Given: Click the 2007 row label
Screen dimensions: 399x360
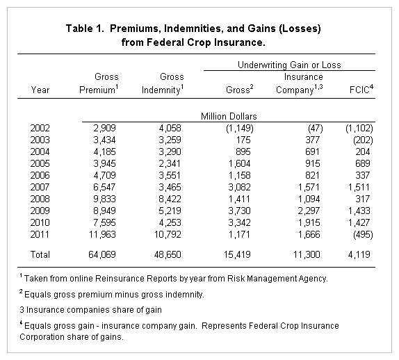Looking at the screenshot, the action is click(x=40, y=187).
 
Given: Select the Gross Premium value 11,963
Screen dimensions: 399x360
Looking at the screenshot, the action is click(x=102, y=234).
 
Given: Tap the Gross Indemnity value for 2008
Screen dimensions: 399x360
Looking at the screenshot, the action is click(x=170, y=199).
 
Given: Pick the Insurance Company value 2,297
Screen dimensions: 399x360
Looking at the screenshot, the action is click(x=309, y=211).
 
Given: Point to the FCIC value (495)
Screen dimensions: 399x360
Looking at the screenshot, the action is click(x=363, y=234).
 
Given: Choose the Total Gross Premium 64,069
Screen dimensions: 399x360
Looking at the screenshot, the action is click(x=102, y=254).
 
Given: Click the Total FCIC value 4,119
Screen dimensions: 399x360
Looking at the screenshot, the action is click(x=359, y=254).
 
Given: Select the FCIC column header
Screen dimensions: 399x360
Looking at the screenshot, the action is click(x=361, y=89).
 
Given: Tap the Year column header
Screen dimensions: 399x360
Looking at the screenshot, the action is click(x=40, y=90).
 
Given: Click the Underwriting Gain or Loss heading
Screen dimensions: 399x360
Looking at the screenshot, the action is click(x=289, y=65).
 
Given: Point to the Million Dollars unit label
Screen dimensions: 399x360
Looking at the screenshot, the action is click(x=229, y=116).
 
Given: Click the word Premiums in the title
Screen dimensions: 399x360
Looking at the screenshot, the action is click(x=135, y=28).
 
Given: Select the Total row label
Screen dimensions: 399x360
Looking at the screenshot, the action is click(x=40, y=254).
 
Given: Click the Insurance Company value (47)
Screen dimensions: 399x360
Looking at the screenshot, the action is click(x=316, y=128).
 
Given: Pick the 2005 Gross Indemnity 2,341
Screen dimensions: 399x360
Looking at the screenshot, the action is click(x=170, y=163).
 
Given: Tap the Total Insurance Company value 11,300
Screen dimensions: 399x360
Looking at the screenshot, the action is click(x=307, y=254).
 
